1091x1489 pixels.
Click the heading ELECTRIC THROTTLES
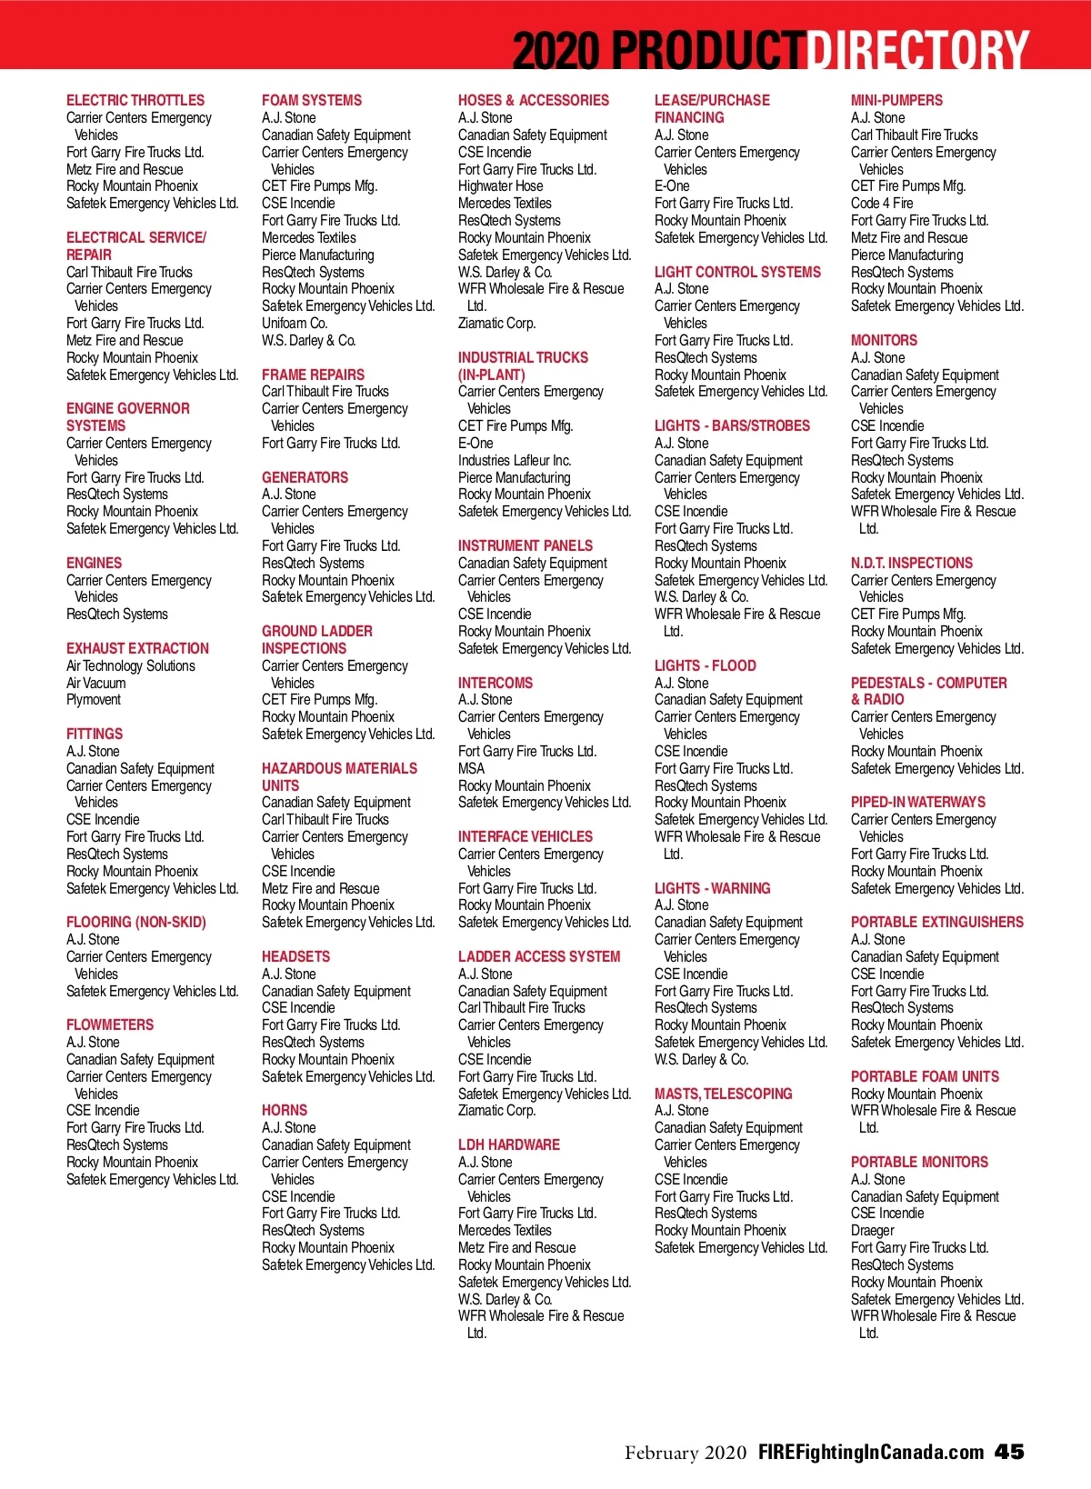click(x=135, y=100)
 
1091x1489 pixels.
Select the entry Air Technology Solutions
click(x=131, y=665)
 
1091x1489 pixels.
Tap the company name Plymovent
click(x=94, y=700)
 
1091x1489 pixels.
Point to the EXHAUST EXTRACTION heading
click(x=137, y=648)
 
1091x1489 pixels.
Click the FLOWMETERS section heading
click(x=110, y=1024)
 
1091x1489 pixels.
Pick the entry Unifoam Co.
click(x=295, y=323)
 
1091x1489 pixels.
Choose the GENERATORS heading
click(x=305, y=477)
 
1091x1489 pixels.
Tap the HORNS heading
click(x=285, y=1110)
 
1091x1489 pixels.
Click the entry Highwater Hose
click(x=500, y=185)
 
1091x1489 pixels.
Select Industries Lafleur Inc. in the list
click(x=515, y=460)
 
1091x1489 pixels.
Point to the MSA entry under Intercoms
click(x=471, y=768)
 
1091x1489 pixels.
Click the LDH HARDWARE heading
click(x=509, y=1144)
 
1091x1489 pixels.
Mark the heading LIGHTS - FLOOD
click(x=706, y=665)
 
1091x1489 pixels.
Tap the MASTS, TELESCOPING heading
click(x=724, y=1094)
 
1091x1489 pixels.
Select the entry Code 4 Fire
click(x=882, y=203)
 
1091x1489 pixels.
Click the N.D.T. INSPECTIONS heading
click(x=912, y=563)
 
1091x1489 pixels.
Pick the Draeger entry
click(x=873, y=1230)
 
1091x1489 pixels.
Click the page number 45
click(x=1009, y=1452)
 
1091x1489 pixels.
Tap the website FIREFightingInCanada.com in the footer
click(x=871, y=1452)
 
